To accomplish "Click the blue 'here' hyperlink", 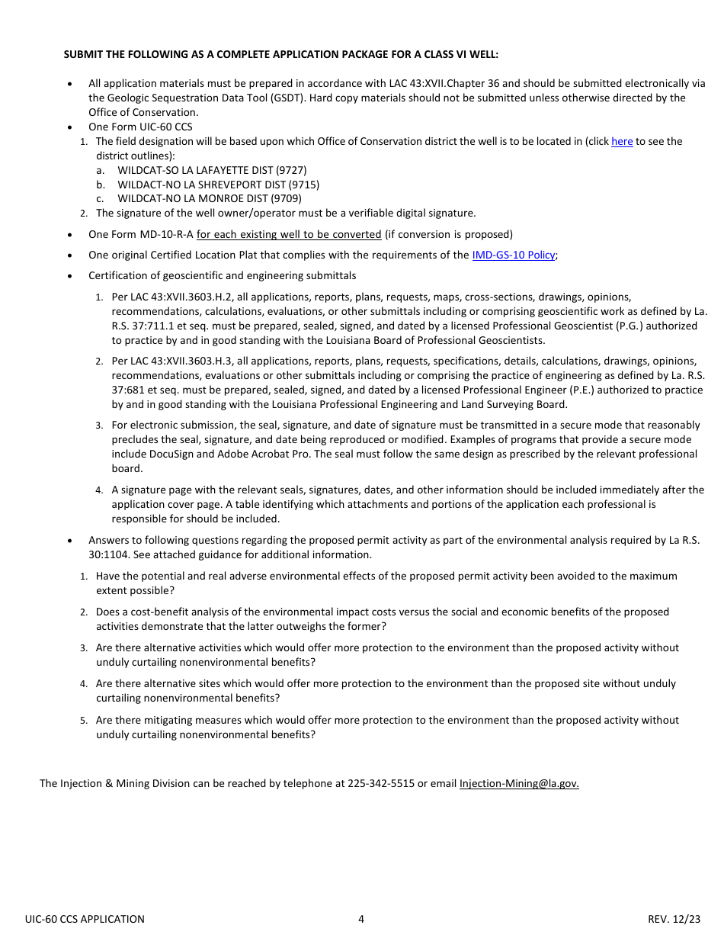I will pyautogui.click(x=622, y=141).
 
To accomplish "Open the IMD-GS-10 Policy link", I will pyautogui.click(x=514, y=255).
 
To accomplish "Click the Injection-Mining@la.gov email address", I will pyautogui.click(x=519, y=783).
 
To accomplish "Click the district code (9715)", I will pyautogui.click(x=303, y=185).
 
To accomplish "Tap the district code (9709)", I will pyautogui.click(x=286, y=198).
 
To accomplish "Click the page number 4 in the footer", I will pyautogui.click(x=361, y=919).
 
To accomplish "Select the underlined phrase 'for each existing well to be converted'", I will pyautogui.click(x=289, y=234).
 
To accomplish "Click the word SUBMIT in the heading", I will pyautogui.click(x=85, y=55).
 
